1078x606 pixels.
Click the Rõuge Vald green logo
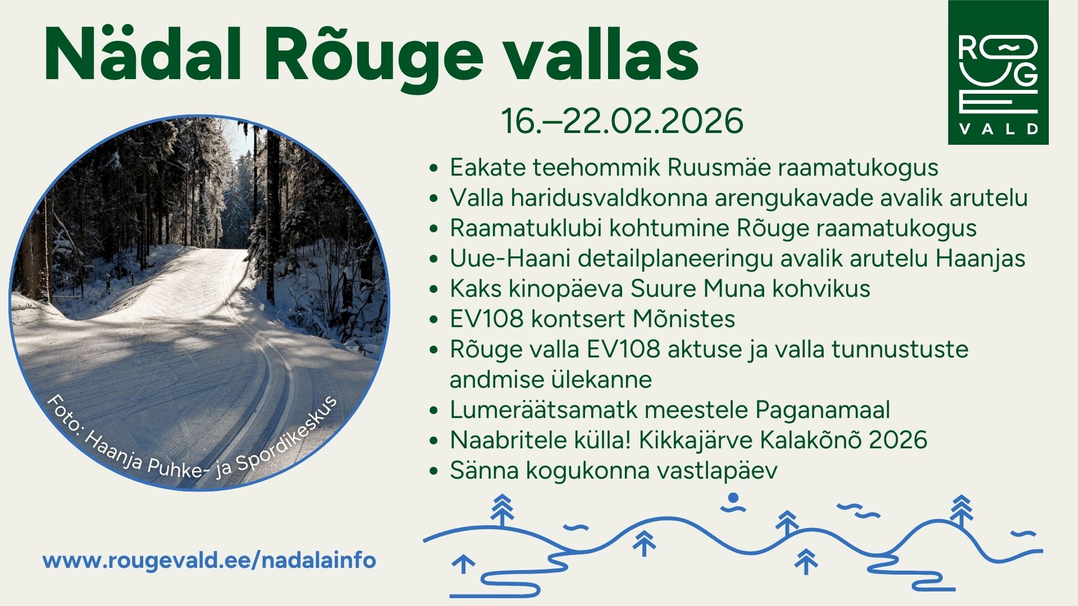[x=998, y=72]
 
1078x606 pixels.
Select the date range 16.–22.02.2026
[x=622, y=121]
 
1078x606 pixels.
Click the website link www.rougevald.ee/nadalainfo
[x=209, y=561]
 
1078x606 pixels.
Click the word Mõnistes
[x=684, y=319]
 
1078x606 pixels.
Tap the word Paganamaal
[x=823, y=410]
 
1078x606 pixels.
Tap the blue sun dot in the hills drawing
[x=732, y=497]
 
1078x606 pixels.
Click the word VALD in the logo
[x=998, y=129]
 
